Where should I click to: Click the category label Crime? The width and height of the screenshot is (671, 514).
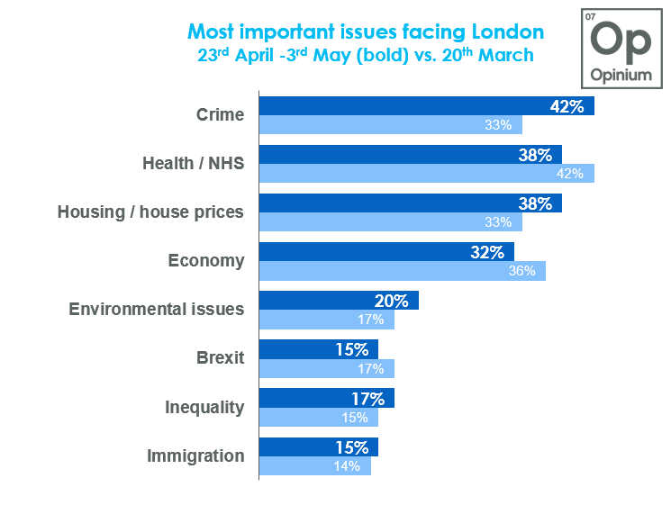[x=220, y=114]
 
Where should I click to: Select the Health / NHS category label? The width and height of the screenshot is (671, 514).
[x=193, y=163]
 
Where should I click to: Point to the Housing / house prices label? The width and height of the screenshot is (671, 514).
[x=150, y=212]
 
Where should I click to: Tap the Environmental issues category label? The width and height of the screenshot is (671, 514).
[x=156, y=310]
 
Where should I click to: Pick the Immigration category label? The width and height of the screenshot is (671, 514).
[x=195, y=455]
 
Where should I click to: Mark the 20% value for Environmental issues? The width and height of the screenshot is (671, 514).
[x=392, y=301]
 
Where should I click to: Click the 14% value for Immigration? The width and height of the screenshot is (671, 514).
[x=347, y=465]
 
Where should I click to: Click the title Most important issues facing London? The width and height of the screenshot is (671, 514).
[x=365, y=32]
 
